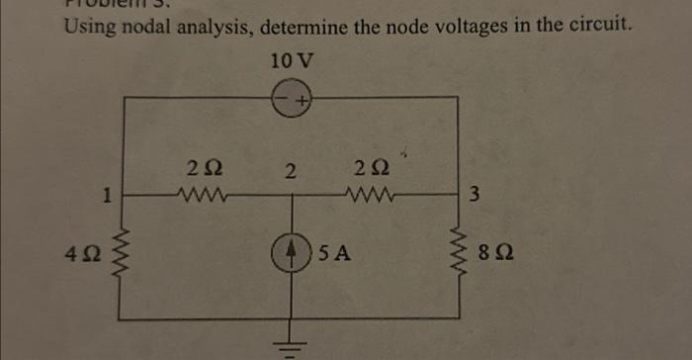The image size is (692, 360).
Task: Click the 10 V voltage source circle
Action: click(x=292, y=98)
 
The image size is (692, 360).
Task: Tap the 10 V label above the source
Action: click(x=292, y=60)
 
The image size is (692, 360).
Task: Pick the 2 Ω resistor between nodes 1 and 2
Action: click(x=203, y=194)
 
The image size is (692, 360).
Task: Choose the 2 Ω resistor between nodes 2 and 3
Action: click(x=372, y=194)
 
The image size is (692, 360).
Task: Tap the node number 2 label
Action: click(x=289, y=171)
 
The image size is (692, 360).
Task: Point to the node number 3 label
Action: click(x=476, y=195)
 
